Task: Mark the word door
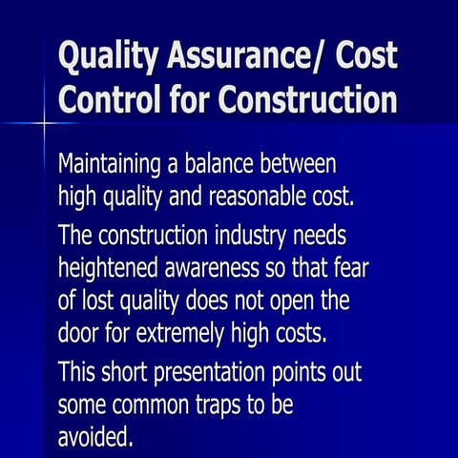click(78, 335)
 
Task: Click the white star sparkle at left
click(44, 123)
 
